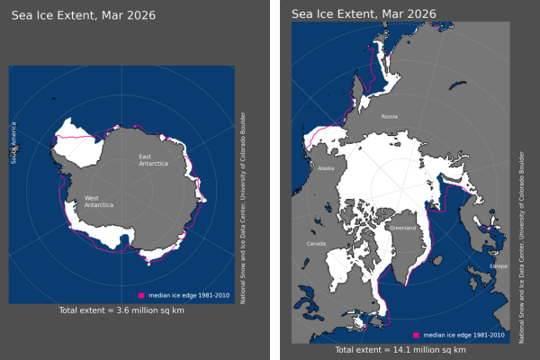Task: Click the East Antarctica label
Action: point(151,161)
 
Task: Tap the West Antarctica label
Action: point(98,202)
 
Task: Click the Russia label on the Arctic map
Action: point(389,116)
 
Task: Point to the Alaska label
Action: point(326,168)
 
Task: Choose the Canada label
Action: point(317,244)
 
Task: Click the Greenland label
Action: point(402,228)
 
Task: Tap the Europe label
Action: point(499,266)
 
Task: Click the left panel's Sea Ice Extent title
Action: point(70,13)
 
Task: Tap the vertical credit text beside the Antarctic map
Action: point(243,207)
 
